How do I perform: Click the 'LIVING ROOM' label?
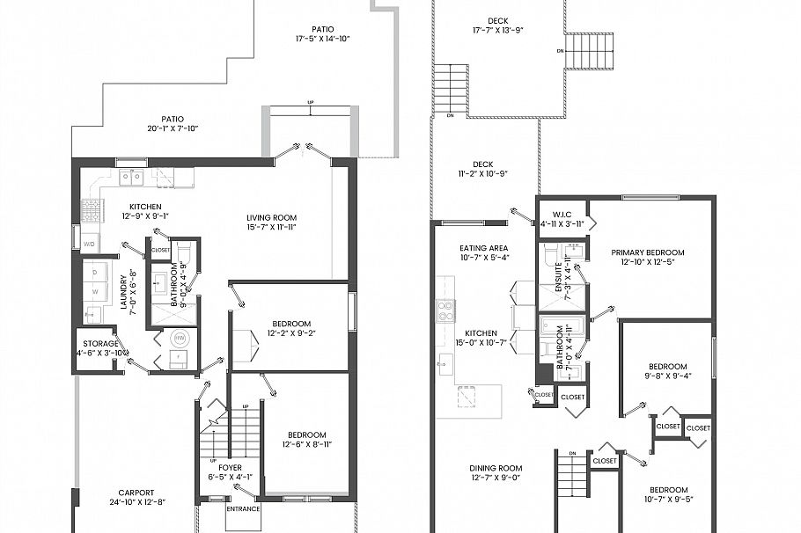pyautogui.click(x=271, y=217)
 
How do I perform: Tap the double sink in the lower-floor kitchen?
pyautogui.click(x=132, y=177)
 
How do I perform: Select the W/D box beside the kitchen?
pyautogui.click(x=89, y=243)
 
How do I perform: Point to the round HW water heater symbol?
pyautogui.click(x=180, y=338)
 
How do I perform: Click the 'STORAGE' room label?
pyautogui.click(x=100, y=343)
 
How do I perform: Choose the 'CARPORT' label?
pyautogui.click(x=136, y=493)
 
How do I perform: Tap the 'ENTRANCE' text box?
pyautogui.click(x=242, y=509)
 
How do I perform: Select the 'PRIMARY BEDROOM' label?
pyautogui.click(x=647, y=252)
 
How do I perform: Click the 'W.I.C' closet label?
pyautogui.click(x=562, y=214)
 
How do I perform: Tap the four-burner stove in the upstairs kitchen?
pyautogui.click(x=445, y=310)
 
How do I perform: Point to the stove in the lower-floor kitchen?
pyautogui.click(x=91, y=208)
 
